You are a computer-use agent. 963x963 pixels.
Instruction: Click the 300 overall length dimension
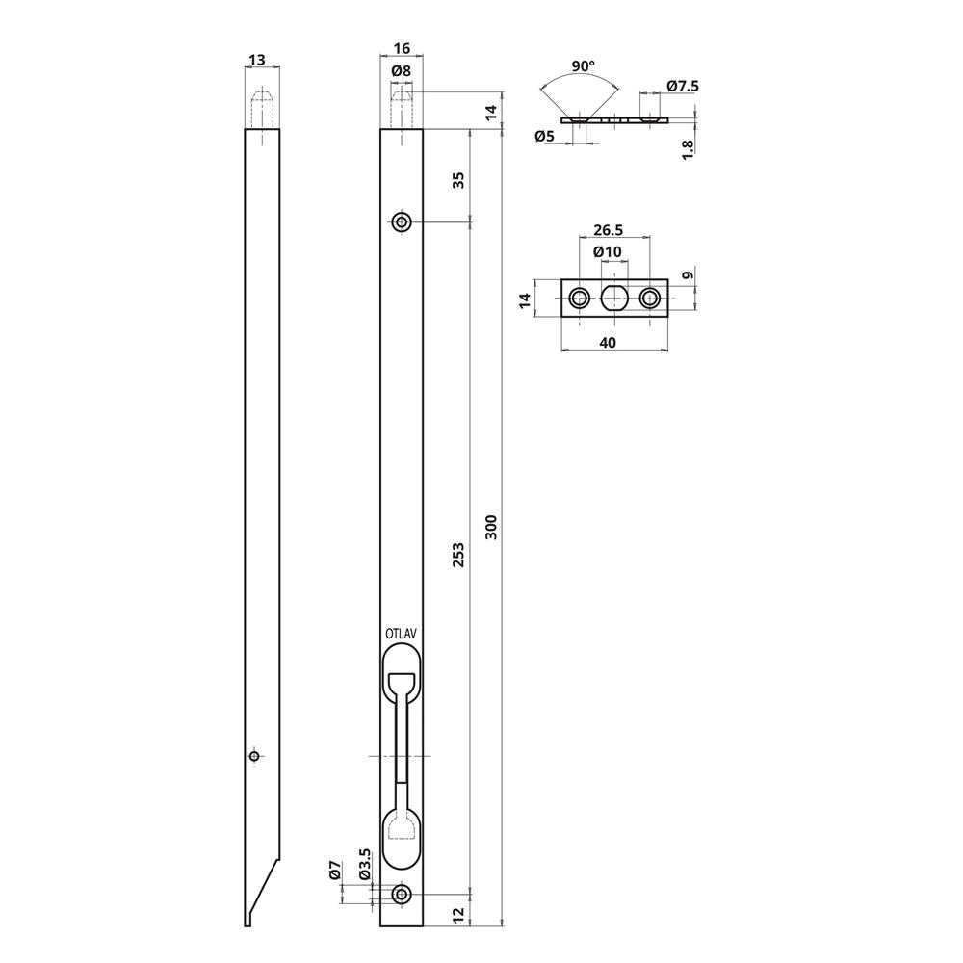point(491,527)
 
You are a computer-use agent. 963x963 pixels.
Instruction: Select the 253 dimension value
point(458,555)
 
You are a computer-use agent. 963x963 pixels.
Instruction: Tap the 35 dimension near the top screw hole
point(458,180)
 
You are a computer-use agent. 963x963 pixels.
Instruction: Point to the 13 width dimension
point(257,60)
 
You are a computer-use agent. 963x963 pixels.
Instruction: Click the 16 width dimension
point(402,48)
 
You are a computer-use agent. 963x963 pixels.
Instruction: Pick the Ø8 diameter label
point(401,70)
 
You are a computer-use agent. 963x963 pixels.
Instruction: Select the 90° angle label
point(583,65)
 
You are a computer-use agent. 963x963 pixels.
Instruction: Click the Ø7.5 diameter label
point(683,86)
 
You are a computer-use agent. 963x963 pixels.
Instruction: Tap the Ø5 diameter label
point(544,136)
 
